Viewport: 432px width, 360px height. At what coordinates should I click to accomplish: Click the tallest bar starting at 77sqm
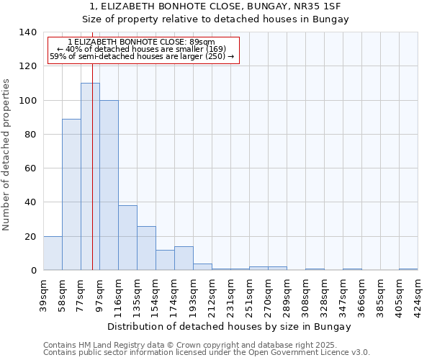pyautogui.click(x=90, y=176)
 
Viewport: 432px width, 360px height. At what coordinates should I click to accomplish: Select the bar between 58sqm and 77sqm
pyautogui.click(x=71, y=194)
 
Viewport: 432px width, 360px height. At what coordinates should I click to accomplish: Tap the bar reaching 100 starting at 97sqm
pyautogui.click(x=109, y=185)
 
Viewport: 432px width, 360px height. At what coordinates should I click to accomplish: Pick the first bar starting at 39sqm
pyautogui.click(x=53, y=253)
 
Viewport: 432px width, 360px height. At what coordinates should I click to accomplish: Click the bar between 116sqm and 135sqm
pyautogui.click(x=127, y=238)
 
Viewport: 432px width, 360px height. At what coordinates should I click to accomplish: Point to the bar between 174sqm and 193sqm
pyautogui.click(x=184, y=258)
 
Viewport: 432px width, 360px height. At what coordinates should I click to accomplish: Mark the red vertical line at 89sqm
pyautogui.click(x=92, y=180)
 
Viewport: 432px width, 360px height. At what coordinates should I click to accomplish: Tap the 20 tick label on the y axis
pyautogui.click(x=30, y=236)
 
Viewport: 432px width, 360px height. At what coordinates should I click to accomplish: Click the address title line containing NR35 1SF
pyautogui.click(x=215, y=6)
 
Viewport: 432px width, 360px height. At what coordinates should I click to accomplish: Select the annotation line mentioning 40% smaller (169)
pyautogui.click(x=141, y=49)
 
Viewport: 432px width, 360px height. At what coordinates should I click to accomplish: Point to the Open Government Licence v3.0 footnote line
pyautogui.click(x=207, y=353)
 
